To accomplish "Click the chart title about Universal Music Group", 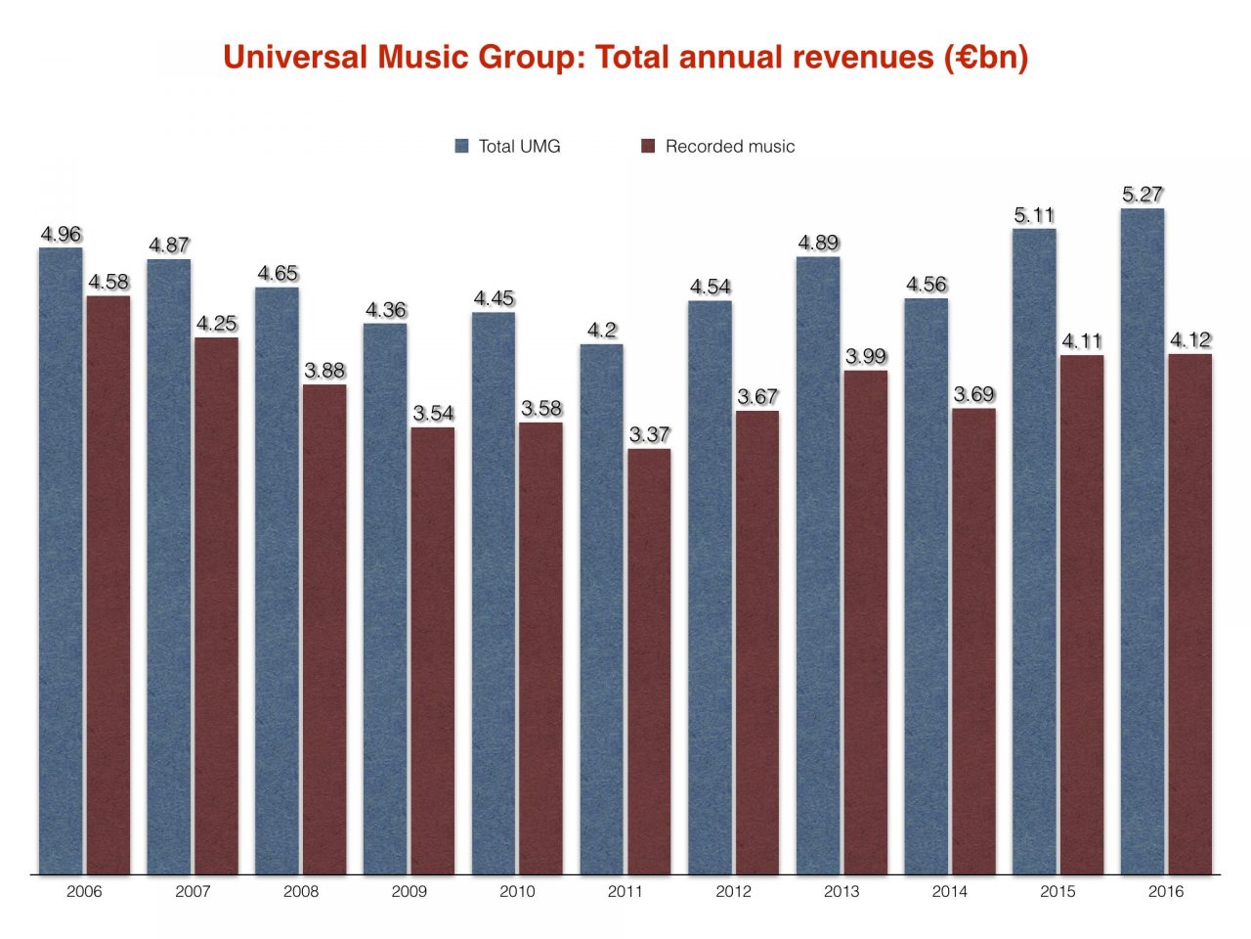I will click(625, 57).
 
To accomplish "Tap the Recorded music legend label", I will click(729, 146).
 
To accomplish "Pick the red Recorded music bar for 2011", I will click(649, 660).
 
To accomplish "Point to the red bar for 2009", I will click(433, 649).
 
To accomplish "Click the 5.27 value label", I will click(1143, 195).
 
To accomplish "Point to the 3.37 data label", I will click(649, 434).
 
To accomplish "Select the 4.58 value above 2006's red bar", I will click(108, 282).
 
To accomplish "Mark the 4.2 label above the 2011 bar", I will click(602, 331).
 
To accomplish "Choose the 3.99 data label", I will click(866, 356).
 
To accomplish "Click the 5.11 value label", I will click(1034, 215).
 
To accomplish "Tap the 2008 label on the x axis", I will click(301, 891).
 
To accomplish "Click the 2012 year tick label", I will click(733, 891).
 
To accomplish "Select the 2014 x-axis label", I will click(950, 891).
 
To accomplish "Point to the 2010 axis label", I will click(517, 891).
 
